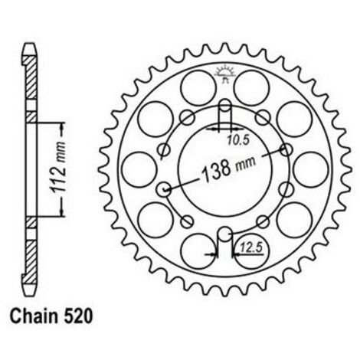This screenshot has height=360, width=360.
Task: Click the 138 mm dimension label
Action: coord(228,169)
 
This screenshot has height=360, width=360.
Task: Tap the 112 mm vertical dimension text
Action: coord(58,166)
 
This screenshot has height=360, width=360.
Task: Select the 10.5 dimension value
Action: coord(238,140)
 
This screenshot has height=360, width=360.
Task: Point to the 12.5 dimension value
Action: coord(251,247)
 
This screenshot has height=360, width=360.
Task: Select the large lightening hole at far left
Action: coord(139,170)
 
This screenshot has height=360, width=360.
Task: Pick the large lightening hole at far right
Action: coord(311,170)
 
